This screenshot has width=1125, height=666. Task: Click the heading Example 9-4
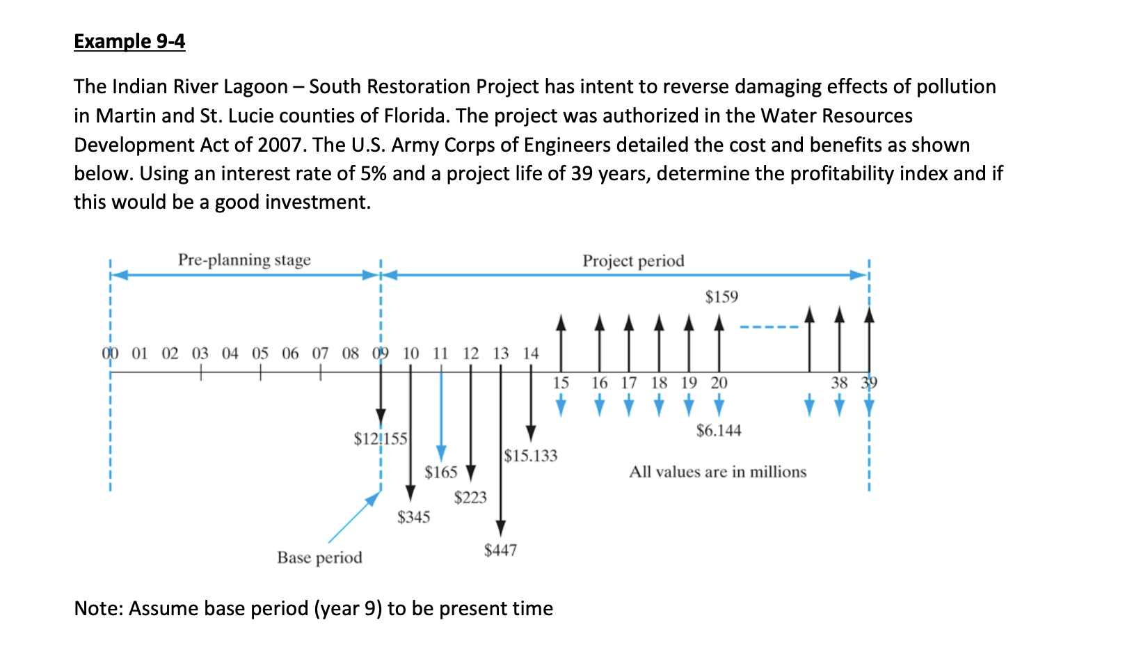[129, 41]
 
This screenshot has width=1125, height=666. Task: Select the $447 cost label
[500, 550]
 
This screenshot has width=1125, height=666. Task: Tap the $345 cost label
[413, 517]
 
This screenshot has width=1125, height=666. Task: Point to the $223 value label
[470, 498]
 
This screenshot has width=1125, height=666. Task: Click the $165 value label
[441, 473]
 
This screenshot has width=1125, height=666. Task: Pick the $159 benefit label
[721, 297]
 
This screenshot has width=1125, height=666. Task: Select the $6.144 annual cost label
[719, 431]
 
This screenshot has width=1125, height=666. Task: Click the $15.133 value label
[531, 456]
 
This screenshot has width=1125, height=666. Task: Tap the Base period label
[319, 558]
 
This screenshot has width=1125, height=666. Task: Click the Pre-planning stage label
[244, 260]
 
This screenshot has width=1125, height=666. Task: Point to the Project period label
[633, 261]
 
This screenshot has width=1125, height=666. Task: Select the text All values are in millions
[717, 472]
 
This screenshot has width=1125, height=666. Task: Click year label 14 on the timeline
[531, 354]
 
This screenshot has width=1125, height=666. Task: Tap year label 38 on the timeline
[839, 383]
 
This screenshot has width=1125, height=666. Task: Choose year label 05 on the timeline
[260, 354]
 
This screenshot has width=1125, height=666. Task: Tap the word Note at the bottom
[98, 608]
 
